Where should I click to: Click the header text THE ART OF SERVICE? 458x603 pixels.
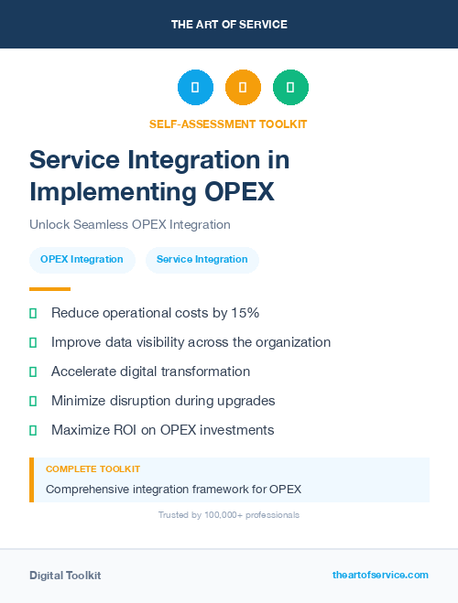(229, 25)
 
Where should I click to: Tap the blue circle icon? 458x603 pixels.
(195, 88)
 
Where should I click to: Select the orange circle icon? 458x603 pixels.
(243, 88)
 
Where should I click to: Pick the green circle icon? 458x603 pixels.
(290, 88)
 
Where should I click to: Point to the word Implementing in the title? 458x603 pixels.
(109, 192)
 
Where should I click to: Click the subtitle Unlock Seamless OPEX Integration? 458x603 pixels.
(129, 224)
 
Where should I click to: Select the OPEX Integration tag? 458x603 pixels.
(82, 259)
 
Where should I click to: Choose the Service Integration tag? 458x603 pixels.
(202, 259)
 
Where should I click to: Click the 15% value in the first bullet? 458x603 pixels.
(245, 313)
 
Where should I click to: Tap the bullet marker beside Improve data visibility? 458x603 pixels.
(33, 342)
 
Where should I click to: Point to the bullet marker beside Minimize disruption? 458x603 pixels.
(33, 401)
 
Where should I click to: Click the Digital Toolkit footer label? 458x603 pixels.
(65, 576)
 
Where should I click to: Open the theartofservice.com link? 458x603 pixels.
(380, 575)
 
